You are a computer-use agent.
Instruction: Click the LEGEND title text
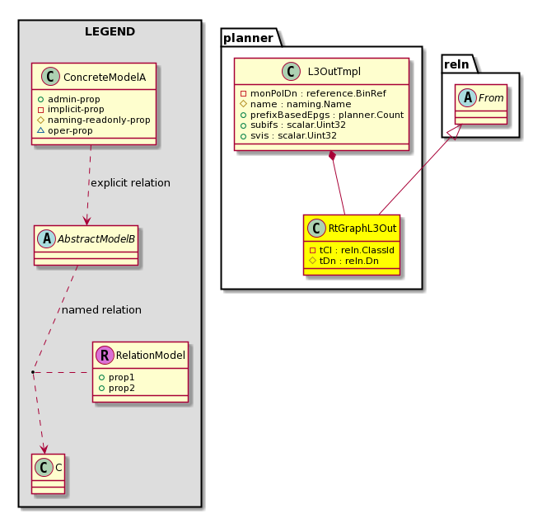[110, 31]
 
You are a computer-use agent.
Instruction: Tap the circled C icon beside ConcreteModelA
[50, 77]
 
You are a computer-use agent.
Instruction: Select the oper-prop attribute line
[65, 130]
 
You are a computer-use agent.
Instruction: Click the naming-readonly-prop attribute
[93, 120]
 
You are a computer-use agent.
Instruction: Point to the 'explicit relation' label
[130, 183]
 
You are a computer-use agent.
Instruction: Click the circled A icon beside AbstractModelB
[46, 239]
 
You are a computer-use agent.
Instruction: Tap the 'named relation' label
[101, 310]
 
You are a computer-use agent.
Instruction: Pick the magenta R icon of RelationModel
[105, 355]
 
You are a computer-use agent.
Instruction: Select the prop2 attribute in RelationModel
[117, 388]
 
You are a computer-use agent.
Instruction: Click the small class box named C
[48, 474]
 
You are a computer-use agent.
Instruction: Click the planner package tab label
[249, 38]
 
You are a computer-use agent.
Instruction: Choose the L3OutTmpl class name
[334, 72]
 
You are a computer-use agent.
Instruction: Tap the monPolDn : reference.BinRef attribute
[313, 94]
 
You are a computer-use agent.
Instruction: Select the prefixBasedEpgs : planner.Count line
[322, 115]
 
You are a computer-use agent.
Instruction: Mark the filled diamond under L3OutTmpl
[333, 155]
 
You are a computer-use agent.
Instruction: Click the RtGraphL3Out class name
[362, 229]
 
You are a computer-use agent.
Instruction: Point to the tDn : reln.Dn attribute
[344, 261]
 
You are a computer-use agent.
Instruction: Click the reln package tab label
[456, 64]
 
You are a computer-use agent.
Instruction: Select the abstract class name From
[491, 98]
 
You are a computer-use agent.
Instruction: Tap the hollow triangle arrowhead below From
[457, 132]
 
